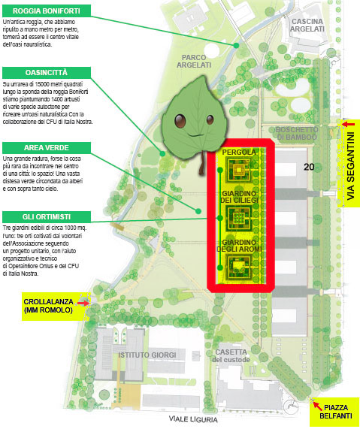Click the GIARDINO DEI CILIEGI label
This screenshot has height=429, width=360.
click(x=238, y=198)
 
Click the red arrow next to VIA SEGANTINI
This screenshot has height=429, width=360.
click(x=346, y=124)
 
